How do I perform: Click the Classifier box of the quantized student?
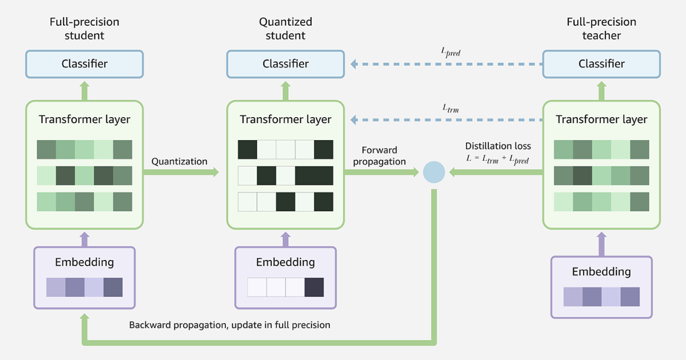286,64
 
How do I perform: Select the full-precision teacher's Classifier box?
601,64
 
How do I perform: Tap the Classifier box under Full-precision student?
85,64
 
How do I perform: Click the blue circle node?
434,172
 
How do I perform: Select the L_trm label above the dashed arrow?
450,107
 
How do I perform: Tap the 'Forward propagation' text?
379,156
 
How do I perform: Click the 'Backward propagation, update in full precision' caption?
229,325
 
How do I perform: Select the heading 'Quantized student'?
286,29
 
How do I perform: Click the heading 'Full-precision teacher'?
601,29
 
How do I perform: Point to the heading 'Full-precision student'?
85,29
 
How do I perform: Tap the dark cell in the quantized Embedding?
314,287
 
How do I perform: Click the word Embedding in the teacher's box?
601,271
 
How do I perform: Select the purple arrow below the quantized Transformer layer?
286,238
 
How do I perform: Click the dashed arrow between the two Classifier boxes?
446,65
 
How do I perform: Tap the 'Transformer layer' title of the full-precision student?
85,119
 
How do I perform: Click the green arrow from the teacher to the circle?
494,172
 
